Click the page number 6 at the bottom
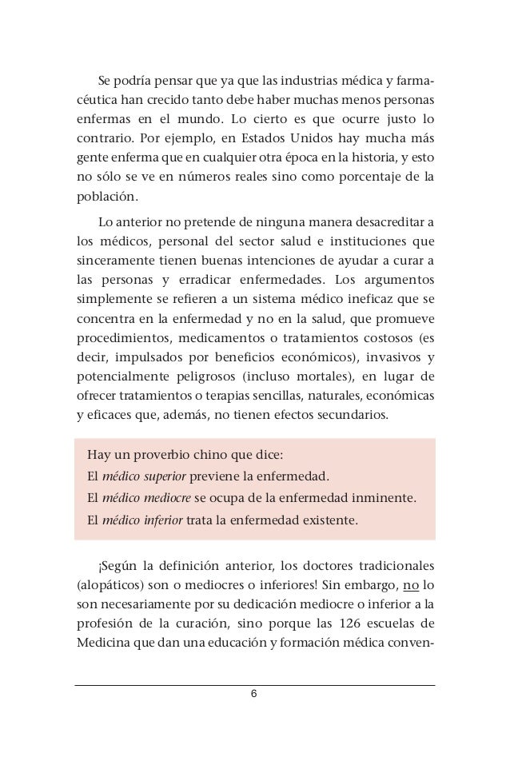click(x=254, y=693)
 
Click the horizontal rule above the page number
click(x=254, y=685)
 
